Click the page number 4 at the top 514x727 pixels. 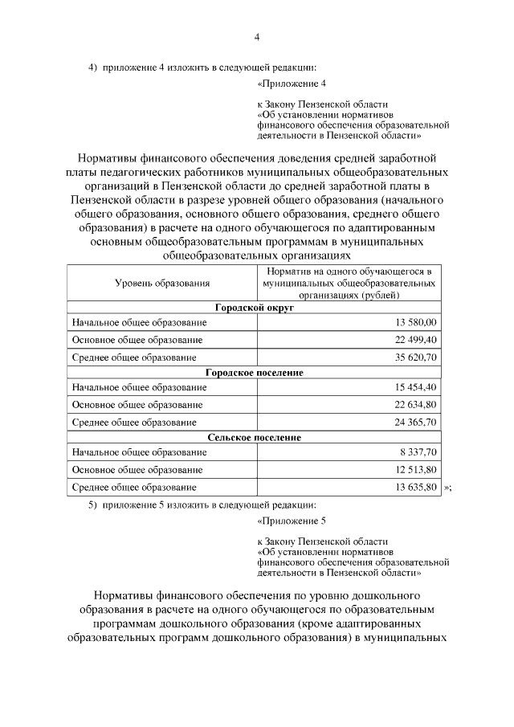coord(257,36)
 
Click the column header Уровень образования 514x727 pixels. coord(162,283)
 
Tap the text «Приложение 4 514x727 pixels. coord(292,84)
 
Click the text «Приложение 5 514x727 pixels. coord(292,521)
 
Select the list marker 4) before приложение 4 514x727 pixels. coord(92,67)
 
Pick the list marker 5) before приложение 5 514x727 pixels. coord(92,504)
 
